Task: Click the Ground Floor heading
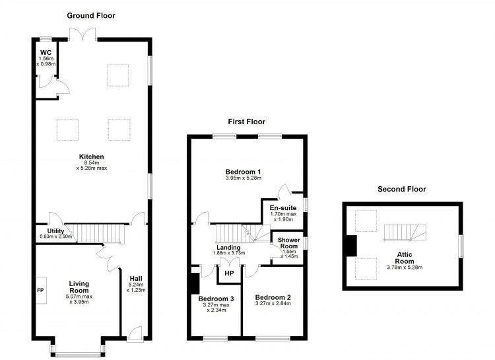click(x=91, y=16)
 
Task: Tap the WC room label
click(x=46, y=52)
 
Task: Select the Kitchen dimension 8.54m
click(x=92, y=162)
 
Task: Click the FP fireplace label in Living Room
click(x=40, y=290)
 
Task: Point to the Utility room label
click(x=55, y=231)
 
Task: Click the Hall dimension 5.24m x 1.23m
click(x=136, y=287)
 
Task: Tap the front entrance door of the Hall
click(x=135, y=334)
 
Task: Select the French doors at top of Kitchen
click(x=82, y=34)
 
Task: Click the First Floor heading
click(x=247, y=122)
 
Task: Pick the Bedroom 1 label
click(x=243, y=172)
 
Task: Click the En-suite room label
click(x=283, y=208)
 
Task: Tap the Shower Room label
click(x=288, y=243)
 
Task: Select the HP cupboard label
click(x=229, y=273)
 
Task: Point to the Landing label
click(x=228, y=248)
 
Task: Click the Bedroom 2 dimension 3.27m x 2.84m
click(x=273, y=303)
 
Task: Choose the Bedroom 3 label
click(x=216, y=299)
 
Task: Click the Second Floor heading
click(x=402, y=190)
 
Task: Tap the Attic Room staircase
click(x=405, y=233)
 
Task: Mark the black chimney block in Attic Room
click(x=351, y=246)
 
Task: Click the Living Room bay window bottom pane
click(x=78, y=354)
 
